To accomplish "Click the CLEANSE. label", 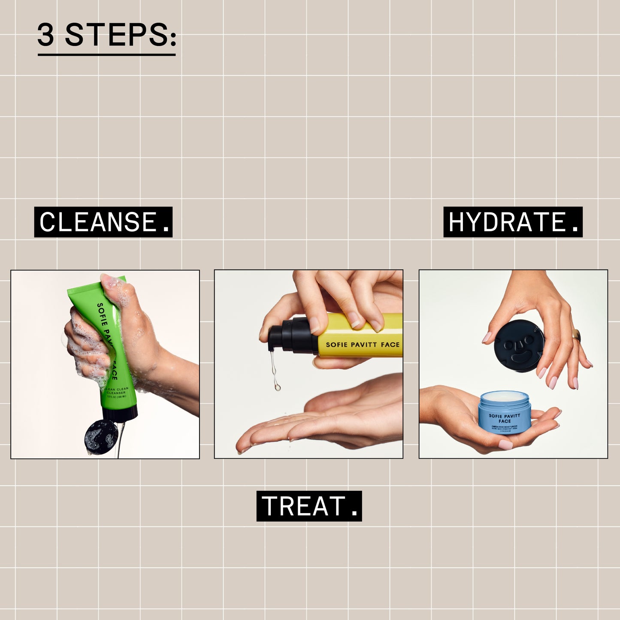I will coord(103,222).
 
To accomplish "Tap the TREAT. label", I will coord(309,506).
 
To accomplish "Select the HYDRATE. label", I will coord(513,222).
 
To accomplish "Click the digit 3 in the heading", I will coord(46,35).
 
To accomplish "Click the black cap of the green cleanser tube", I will coord(120,413).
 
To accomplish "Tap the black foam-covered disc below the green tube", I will coord(101,437).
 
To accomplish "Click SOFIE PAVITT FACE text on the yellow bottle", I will coord(363,345).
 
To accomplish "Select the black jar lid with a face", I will coord(519,347).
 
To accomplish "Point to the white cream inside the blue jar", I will coord(505,395).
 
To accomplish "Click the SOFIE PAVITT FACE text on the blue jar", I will coord(505,418).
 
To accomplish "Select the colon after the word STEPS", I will coord(172,36).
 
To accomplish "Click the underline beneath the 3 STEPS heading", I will coord(106,54).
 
